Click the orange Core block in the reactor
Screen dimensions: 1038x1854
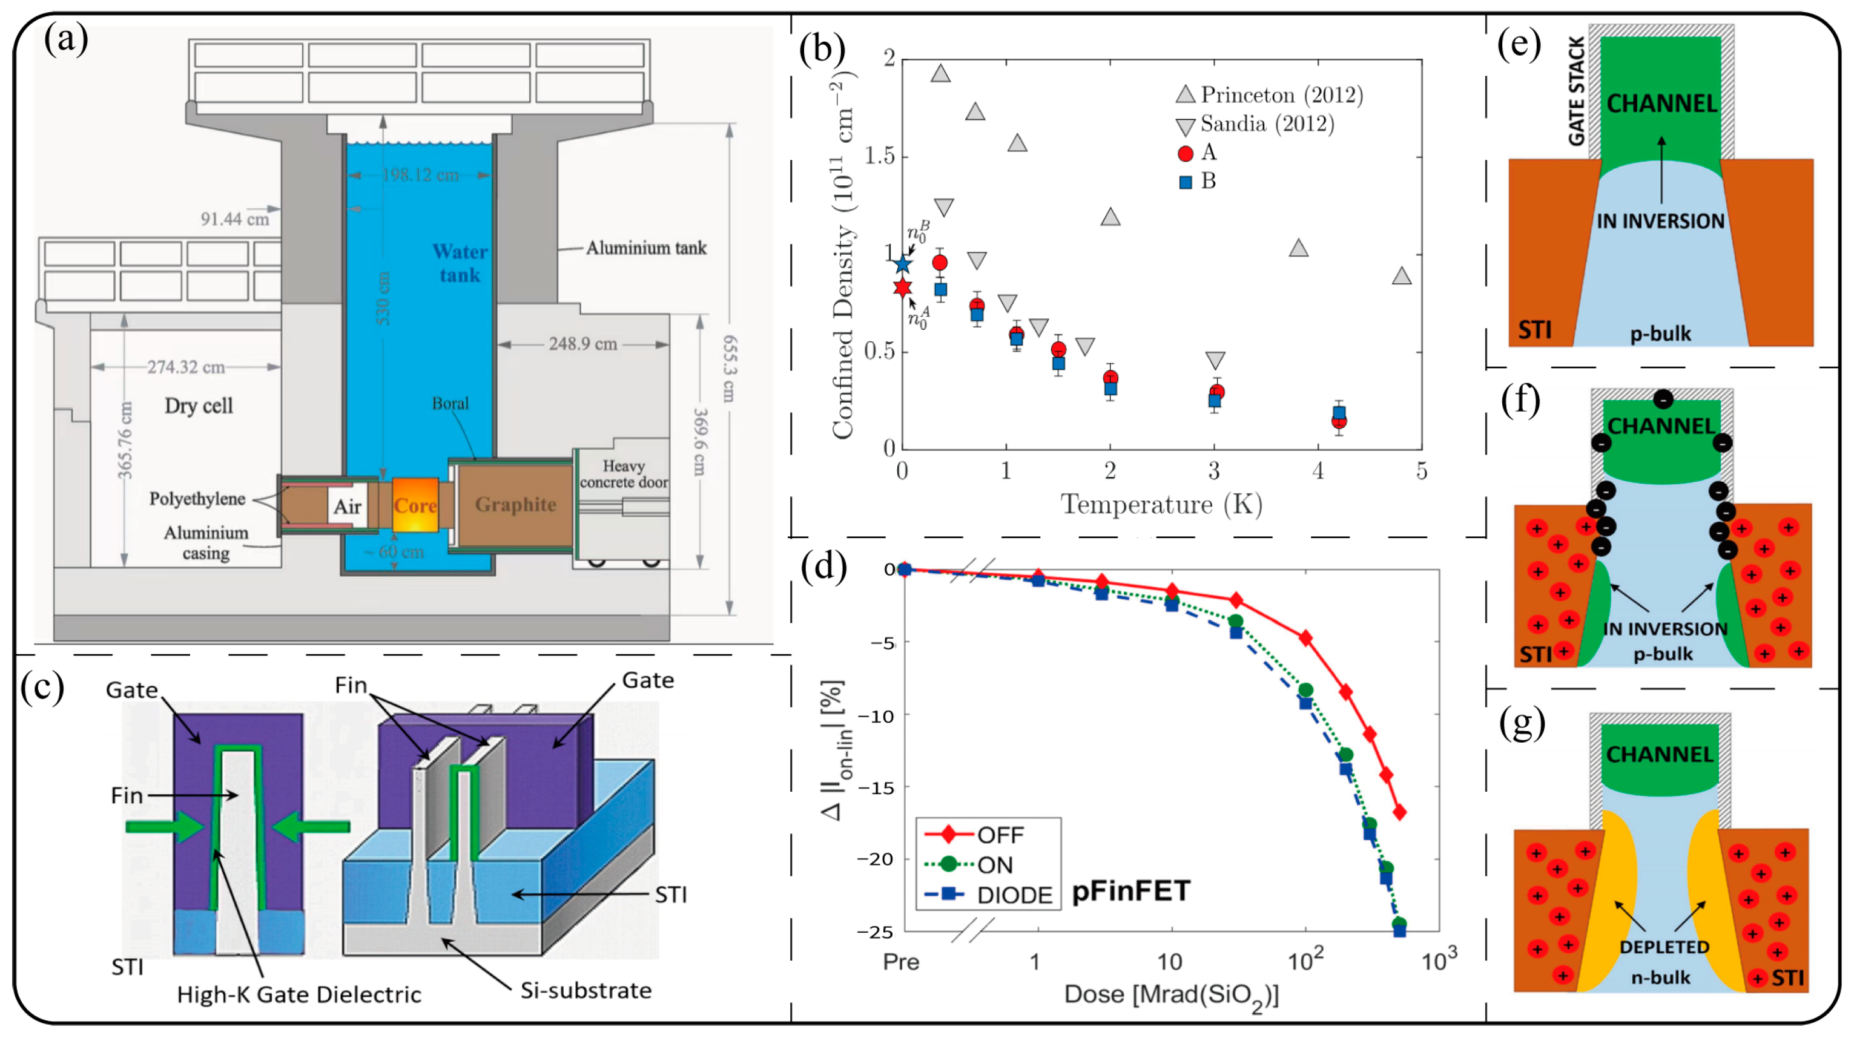click(415, 505)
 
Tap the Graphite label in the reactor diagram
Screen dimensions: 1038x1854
click(515, 504)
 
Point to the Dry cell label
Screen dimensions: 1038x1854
click(199, 406)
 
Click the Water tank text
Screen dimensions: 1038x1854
click(460, 263)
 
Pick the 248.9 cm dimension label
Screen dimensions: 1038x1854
click(583, 344)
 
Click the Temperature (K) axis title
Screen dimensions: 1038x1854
click(1162, 504)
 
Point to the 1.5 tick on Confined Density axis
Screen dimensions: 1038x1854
click(880, 156)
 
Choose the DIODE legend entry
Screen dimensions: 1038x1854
click(1014, 895)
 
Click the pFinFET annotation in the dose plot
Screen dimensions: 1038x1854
click(1130, 892)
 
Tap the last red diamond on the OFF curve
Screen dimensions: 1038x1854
click(1400, 812)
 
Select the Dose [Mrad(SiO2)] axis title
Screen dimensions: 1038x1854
click(1171, 996)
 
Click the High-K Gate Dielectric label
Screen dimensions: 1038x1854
click(299, 995)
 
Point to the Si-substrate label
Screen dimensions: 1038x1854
click(586, 991)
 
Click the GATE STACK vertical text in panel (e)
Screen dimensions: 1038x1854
click(1576, 91)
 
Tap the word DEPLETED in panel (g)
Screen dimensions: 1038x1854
click(1664, 947)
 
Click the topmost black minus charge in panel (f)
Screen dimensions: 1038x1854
click(1663, 398)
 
